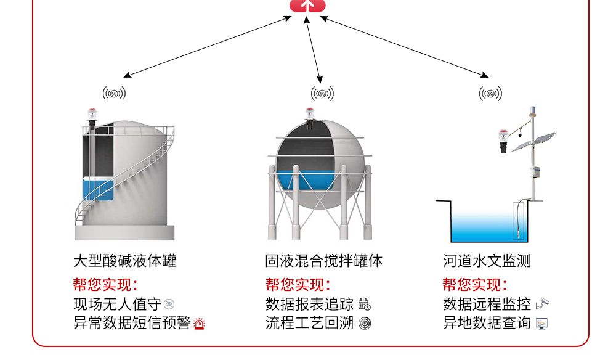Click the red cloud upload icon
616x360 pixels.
click(x=308, y=5)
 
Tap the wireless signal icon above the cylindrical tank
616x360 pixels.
click(x=115, y=93)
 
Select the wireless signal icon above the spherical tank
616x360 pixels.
click(x=322, y=94)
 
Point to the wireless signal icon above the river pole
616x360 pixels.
click(x=490, y=94)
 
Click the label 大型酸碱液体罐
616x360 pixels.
click(x=125, y=261)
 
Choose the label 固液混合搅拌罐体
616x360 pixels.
click(x=324, y=261)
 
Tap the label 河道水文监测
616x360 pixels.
click(x=487, y=261)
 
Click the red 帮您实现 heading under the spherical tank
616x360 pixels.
click(x=298, y=285)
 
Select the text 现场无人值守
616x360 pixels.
click(x=117, y=304)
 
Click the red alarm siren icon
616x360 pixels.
click(x=199, y=324)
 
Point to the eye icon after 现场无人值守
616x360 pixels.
click(x=169, y=304)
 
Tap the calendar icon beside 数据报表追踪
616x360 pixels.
click(x=365, y=304)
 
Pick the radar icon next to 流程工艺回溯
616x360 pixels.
click(x=365, y=323)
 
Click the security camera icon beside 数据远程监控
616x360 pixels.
click(x=542, y=303)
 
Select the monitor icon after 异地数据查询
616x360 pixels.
click(x=541, y=323)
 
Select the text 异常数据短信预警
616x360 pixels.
click(x=132, y=323)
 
